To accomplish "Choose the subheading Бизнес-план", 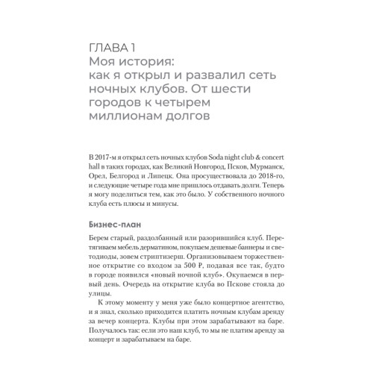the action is (116, 223).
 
